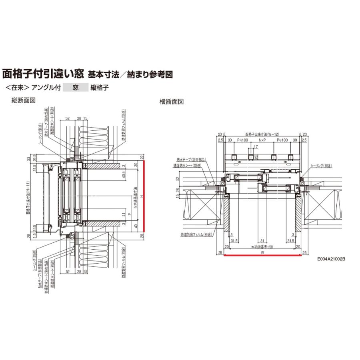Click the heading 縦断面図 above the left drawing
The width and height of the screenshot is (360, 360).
click(24, 101)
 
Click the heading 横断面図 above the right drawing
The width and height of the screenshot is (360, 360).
click(172, 102)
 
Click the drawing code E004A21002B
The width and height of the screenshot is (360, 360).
click(331, 259)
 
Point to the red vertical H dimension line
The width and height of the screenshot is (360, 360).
click(145, 200)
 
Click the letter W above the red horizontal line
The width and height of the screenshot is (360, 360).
click(262, 252)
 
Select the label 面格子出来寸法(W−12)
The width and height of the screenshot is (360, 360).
click(262, 134)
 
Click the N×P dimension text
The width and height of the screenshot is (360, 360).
click(262, 140)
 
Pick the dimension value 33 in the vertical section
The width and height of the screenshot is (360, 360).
click(28, 159)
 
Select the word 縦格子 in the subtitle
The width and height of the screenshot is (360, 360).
click(100, 87)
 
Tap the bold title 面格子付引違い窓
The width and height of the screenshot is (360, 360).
click(43, 74)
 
